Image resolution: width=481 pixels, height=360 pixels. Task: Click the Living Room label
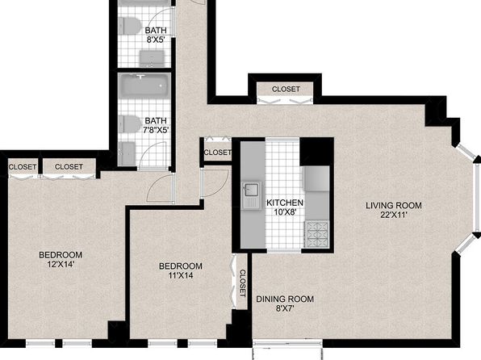pos(394,205)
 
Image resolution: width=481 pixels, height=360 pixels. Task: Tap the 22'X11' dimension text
pos(394,215)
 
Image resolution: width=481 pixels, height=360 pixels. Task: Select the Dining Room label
pos(285,299)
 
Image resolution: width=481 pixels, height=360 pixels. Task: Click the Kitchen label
pos(285,203)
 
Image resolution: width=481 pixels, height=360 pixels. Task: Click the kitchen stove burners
pos(316,234)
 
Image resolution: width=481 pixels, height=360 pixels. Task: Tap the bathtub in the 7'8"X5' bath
pos(144,86)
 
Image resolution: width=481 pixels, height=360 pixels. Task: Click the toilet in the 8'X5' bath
pos(129,26)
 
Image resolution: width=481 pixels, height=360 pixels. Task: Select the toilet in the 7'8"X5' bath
pos(129,124)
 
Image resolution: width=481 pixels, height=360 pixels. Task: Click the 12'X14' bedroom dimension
pos(61,264)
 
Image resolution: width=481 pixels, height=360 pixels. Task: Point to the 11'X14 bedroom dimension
pos(181,275)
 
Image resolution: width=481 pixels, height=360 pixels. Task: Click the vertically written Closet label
pos(242,283)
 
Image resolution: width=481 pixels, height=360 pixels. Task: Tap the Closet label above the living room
pos(286,89)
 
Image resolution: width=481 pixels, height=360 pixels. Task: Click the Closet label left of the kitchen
pos(217,153)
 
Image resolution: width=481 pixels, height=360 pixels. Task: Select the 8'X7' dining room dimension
pos(285,308)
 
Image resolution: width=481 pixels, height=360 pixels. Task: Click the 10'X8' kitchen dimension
pos(285,212)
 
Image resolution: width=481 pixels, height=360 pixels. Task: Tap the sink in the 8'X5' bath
pos(152,58)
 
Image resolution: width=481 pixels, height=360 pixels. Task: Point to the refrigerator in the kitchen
pos(316,178)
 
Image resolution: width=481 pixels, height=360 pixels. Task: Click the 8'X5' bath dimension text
pos(156,40)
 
